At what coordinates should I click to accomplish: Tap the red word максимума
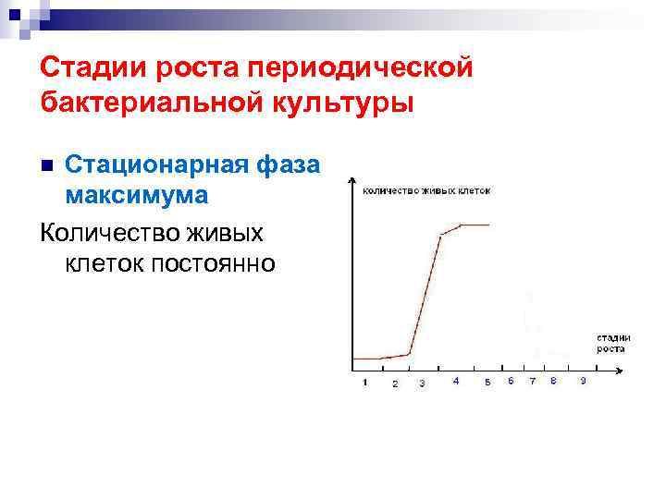point(137,196)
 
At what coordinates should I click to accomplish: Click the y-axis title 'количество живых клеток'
point(426,190)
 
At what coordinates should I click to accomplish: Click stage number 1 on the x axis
point(364,382)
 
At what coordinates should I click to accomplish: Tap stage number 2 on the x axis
point(395,383)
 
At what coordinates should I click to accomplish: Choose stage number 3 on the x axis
point(422,383)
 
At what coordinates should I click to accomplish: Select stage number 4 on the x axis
point(456,381)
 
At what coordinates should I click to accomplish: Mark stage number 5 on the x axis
point(487,383)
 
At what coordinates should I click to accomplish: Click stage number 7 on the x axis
point(532,381)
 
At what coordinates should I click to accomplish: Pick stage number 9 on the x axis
point(583,381)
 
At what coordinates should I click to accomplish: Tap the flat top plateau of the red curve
point(475,225)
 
